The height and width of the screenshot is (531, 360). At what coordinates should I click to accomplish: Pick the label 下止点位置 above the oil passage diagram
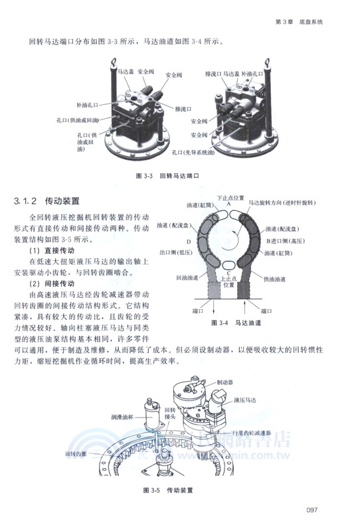click(x=231, y=198)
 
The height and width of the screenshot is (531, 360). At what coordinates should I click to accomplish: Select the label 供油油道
click(x=278, y=278)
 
